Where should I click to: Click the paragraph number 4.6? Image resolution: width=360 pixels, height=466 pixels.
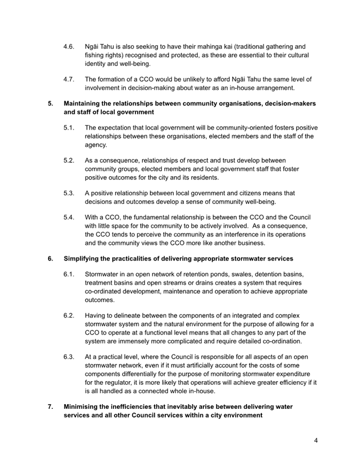pyautogui.click(x=68, y=46)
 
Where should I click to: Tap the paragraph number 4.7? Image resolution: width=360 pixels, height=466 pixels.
pyautogui.click(x=68, y=80)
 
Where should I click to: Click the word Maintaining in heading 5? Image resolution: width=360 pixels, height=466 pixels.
pyautogui.click(x=84, y=104)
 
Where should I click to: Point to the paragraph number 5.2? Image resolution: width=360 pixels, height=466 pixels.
pyautogui.click(x=68, y=161)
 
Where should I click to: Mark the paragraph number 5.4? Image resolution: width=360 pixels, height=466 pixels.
pyautogui.click(x=68, y=218)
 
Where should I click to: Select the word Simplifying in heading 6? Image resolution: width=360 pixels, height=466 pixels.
pyautogui.click(x=83, y=259)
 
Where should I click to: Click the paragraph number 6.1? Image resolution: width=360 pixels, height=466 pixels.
pyautogui.click(x=68, y=275)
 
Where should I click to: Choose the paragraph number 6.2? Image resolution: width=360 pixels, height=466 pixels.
pyautogui.click(x=68, y=316)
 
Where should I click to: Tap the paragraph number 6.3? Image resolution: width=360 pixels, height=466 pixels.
pyautogui.click(x=68, y=357)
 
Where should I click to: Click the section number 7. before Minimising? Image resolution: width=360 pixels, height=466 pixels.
pyautogui.click(x=51, y=407)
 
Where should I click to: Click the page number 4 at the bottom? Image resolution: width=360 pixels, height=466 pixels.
pyautogui.click(x=316, y=441)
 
